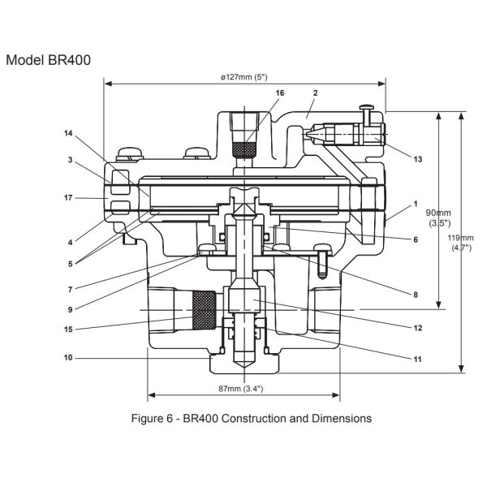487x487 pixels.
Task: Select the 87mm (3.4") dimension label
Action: coord(243,388)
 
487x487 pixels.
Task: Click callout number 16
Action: coord(279,94)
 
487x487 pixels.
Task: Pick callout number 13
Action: coord(417,159)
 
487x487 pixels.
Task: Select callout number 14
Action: coord(68,132)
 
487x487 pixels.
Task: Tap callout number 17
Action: coord(68,197)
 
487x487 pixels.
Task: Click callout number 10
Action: coord(68,356)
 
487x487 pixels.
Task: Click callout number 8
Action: coord(415,295)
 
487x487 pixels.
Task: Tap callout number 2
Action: coord(314,94)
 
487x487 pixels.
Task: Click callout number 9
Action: coord(68,309)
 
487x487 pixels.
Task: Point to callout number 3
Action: coord(68,160)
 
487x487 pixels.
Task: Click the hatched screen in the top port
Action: coord(244,150)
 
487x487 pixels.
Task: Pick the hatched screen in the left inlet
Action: coord(204,311)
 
